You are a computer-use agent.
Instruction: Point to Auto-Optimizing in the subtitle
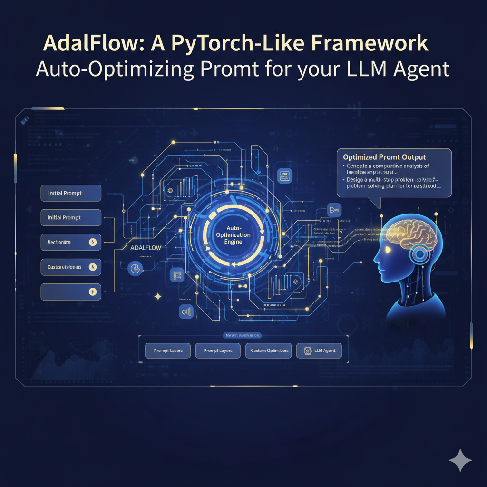point(114,69)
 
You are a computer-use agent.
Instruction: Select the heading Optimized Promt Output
point(384,157)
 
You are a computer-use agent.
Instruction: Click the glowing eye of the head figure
point(388,249)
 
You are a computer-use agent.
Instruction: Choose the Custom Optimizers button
point(267,351)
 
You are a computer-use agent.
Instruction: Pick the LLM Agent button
point(319,351)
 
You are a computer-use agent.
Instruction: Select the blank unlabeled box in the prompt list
point(71,292)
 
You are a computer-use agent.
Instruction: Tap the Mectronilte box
point(71,243)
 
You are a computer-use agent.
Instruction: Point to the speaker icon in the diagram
point(185,312)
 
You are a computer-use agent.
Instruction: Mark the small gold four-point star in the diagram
point(158,296)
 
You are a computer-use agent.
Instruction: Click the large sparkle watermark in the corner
point(460,460)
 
